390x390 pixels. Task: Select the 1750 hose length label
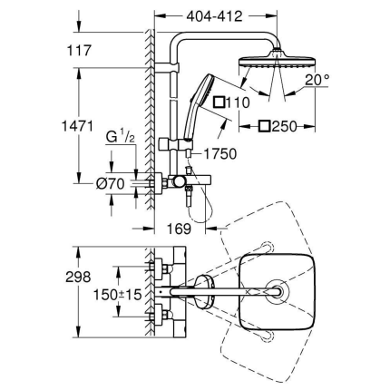click(x=219, y=153)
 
